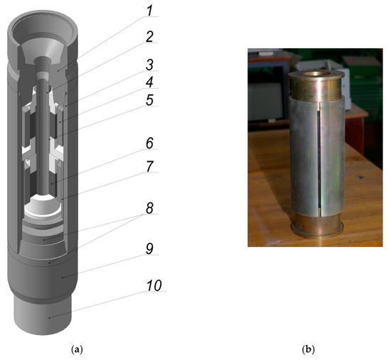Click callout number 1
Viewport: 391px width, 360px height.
pos(149,11)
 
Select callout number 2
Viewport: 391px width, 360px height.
pos(149,37)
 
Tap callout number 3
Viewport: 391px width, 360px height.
pos(149,65)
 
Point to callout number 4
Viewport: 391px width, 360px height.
pos(149,82)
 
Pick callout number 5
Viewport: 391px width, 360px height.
pos(149,100)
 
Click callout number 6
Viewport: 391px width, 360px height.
pos(149,143)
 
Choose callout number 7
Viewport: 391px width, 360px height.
pos(149,167)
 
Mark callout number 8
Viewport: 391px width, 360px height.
pos(149,208)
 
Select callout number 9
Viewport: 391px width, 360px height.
pos(149,249)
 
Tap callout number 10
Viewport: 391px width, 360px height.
pos(154,285)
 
